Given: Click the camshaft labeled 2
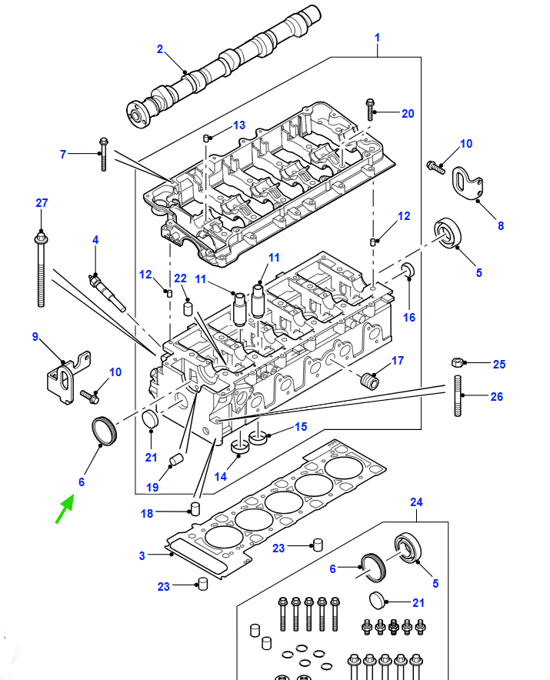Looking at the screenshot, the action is pyautogui.click(x=224, y=67).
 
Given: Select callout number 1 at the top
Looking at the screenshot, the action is pyautogui.click(x=378, y=38).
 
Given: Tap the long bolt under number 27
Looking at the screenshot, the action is pyautogui.click(x=41, y=270).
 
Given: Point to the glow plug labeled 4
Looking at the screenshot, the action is pyautogui.click(x=107, y=293).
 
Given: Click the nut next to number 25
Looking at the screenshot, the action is pyautogui.click(x=457, y=362).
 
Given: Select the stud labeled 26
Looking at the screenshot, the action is pyautogui.click(x=458, y=396).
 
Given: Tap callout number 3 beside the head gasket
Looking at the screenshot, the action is pyautogui.click(x=142, y=555).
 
